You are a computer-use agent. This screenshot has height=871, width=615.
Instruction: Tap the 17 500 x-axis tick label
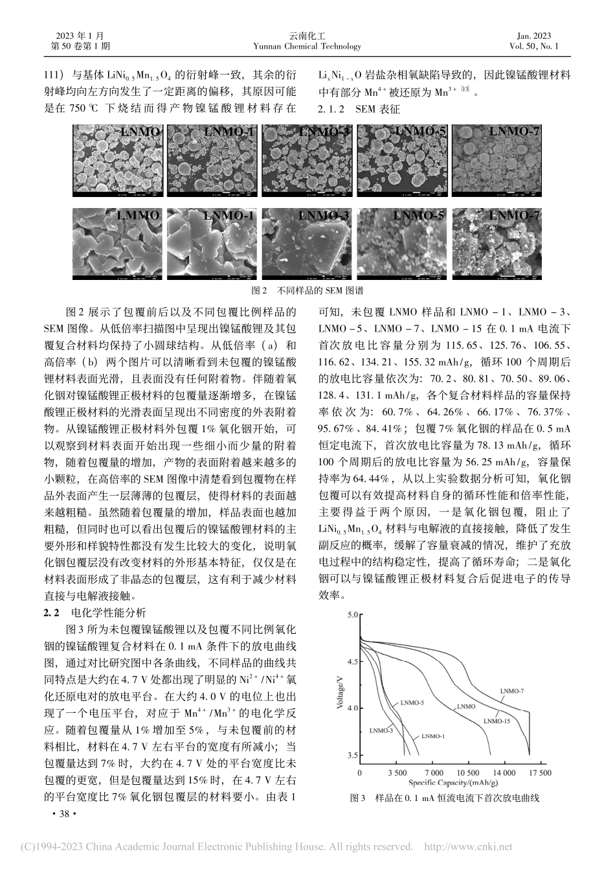[538, 772]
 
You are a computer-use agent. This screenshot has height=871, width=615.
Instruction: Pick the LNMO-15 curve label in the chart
[497, 720]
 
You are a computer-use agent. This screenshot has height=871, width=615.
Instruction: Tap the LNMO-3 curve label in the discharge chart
[381, 730]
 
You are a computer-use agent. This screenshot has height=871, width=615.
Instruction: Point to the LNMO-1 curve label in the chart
[433, 736]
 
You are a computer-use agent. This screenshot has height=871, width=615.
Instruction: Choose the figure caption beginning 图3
[444, 798]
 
